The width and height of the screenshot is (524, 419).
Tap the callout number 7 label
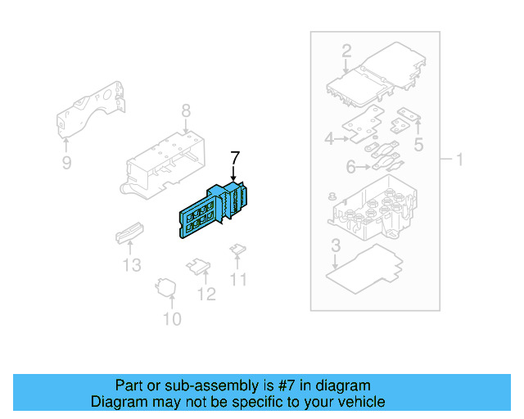tap(235, 157)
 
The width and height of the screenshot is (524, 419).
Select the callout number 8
tap(186, 110)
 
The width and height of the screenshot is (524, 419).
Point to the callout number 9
tap(67, 164)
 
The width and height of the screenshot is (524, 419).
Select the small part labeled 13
tap(129, 234)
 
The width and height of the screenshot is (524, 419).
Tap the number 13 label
tap(132, 265)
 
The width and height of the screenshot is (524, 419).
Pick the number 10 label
tap(172, 318)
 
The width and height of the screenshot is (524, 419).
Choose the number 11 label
tap(238, 280)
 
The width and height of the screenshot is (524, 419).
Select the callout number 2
tap(346, 51)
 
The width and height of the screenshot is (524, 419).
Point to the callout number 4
tap(329, 139)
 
